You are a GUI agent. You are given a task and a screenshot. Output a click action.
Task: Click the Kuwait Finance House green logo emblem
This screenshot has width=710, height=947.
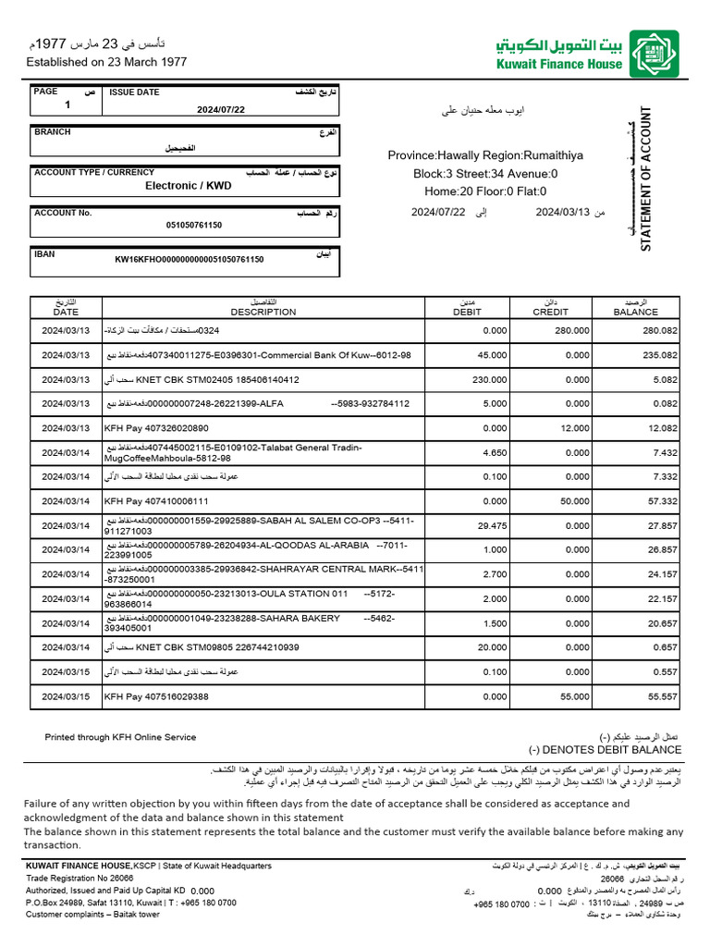(654, 54)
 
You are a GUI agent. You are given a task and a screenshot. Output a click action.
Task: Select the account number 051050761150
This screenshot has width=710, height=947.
(194, 225)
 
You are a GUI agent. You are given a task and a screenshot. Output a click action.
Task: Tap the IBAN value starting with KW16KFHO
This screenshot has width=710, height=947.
(189, 260)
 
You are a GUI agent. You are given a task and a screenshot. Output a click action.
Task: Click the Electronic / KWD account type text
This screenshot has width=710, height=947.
(188, 185)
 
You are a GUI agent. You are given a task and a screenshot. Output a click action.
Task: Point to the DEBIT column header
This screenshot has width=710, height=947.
(468, 312)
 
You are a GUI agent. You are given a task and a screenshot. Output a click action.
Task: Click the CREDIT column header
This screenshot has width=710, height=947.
(551, 312)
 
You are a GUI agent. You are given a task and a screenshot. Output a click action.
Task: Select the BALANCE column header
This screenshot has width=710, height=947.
(635, 312)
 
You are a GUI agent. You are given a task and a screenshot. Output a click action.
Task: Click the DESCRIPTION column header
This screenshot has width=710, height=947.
(263, 312)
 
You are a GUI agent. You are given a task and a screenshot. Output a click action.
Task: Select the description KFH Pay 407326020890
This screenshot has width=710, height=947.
(156, 428)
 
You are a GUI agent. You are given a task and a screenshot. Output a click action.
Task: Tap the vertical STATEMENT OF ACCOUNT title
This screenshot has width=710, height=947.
(646, 179)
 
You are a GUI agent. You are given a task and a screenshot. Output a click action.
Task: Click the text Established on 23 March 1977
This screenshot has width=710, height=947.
(106, 62)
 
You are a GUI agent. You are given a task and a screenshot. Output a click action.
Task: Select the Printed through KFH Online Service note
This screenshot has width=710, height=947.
(120, 737)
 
